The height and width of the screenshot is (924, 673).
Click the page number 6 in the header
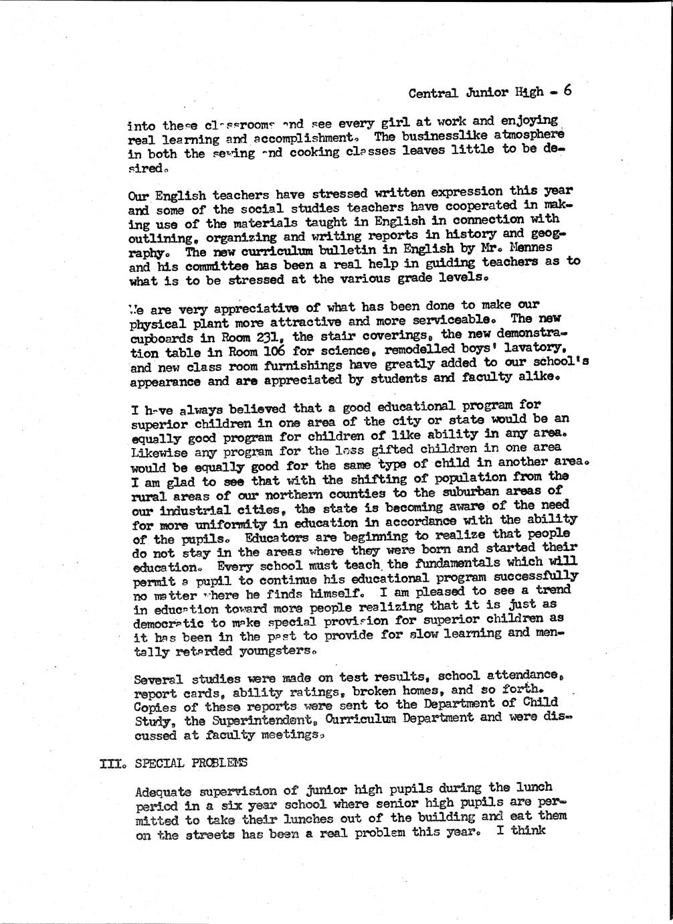(x=567, y=90)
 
